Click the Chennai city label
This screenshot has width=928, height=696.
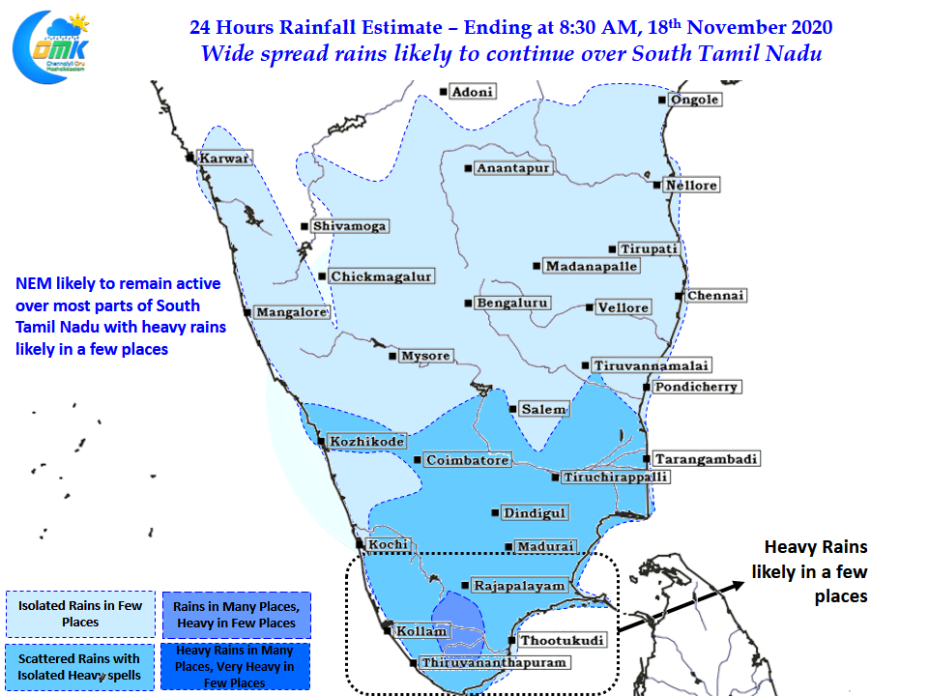click(716, 296)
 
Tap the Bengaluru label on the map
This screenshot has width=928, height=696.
click(512, 303)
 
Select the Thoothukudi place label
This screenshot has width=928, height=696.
click(563, 640)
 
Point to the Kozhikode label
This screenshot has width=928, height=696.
click(367, 441)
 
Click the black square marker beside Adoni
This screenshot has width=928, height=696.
click(444, 92)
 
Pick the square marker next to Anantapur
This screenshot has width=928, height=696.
click(468, 168)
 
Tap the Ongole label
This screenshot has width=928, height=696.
click(695, 100)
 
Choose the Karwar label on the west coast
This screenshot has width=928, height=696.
click(225, 158)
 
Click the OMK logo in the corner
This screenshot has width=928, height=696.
click(51, 47)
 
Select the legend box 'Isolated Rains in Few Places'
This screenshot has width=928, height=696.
click(80, 614)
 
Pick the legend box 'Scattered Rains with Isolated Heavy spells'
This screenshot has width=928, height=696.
click(79, 667)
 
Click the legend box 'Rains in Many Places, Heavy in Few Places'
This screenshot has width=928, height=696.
click(236, 615)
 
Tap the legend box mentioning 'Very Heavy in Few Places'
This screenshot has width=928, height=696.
click(235, 666)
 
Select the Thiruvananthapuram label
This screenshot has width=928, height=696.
click(494, 662)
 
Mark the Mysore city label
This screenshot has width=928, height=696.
click(426, 356)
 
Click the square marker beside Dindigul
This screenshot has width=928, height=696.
click(495, 512)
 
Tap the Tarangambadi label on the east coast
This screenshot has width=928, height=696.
click(706, 458)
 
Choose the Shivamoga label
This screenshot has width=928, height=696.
click(350, 226)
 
